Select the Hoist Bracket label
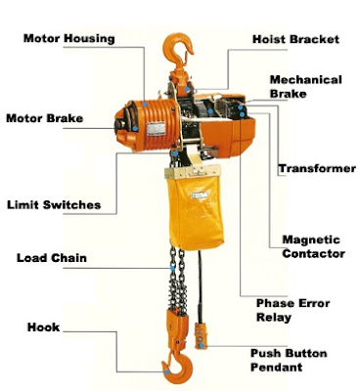[x=295, y=39]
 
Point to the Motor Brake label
[x=44, y=119]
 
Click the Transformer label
[x=316, y=169]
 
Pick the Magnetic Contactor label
[x=312, y=246]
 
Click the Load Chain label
[x=52, y=259]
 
